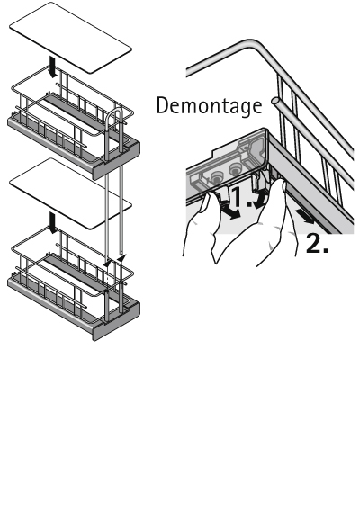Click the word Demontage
209,106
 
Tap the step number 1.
242,196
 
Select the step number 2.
317,244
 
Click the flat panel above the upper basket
70,38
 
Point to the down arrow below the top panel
52,67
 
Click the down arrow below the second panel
52,222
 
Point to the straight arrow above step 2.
305,217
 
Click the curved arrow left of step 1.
230,211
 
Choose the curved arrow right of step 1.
260,199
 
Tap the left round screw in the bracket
215,177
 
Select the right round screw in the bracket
235,169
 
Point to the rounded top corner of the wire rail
251,43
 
